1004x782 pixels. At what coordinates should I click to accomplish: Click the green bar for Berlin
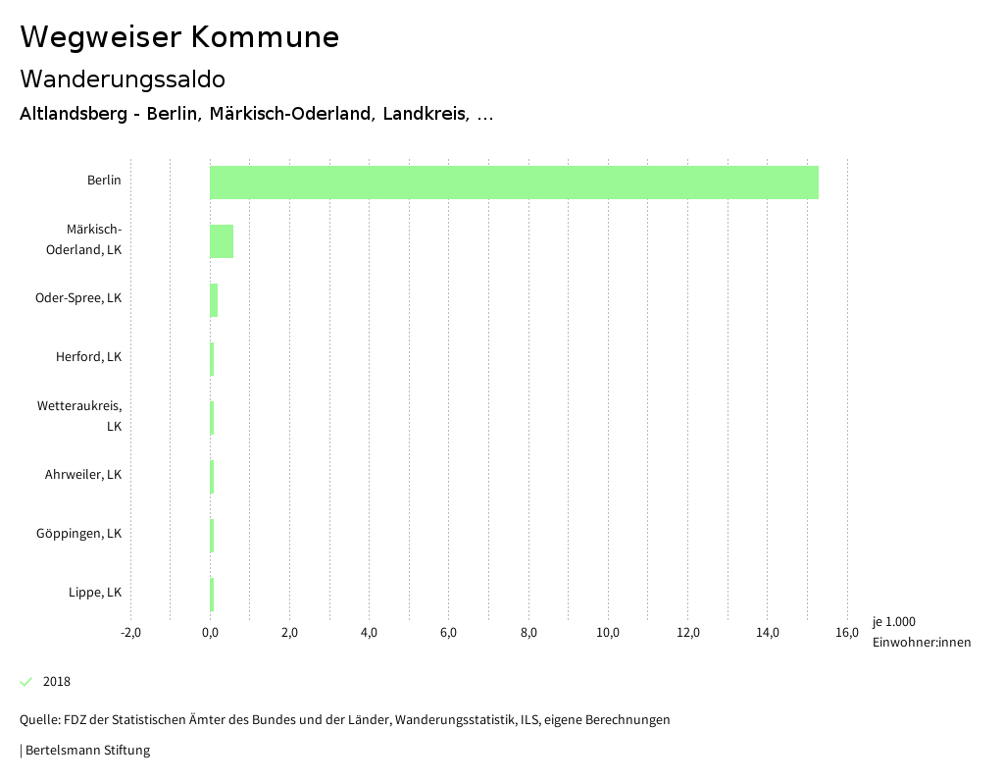coord(514,182)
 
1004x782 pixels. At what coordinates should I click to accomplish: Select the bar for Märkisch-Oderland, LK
coord(222,241)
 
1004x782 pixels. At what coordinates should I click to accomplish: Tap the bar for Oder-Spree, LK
coord(214,300)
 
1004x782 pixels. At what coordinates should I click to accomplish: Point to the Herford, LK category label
coord(88,357)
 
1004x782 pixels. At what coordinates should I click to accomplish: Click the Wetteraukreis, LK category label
coord(80,416)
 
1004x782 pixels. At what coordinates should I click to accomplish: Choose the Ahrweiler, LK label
coord(83,475)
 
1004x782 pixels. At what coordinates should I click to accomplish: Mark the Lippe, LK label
coord(95,593)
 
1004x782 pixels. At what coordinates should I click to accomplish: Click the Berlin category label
coord(104,181)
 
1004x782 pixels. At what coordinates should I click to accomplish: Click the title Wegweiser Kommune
coord(179,37)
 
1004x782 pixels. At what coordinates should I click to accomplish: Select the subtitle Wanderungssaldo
coord(123,78)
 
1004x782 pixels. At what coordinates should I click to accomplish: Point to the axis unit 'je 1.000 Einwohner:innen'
coord(921,632)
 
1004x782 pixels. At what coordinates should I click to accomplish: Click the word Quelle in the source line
coord(38,720)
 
